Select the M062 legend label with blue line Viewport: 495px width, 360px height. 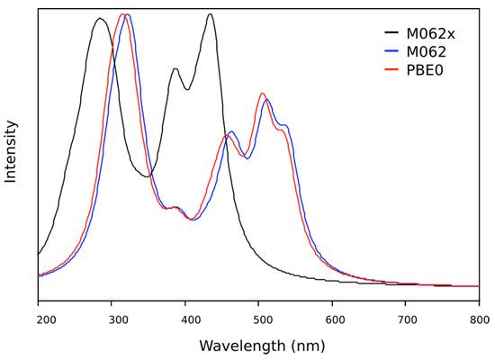[x=423, y=52]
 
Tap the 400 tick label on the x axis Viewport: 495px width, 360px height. [x=187, y=318]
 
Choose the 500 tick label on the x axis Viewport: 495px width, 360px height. [x=260, y=318]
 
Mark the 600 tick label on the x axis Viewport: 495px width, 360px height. [x=333, y=318]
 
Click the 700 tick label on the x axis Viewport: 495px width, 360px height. [x=407, y=318]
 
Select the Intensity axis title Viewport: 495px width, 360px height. [x=11, y=151]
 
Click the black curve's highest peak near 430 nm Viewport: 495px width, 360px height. [x=210, y=14]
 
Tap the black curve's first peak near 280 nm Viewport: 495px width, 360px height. [x=100, y=18]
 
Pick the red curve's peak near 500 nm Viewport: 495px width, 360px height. [x=262, y=94]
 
